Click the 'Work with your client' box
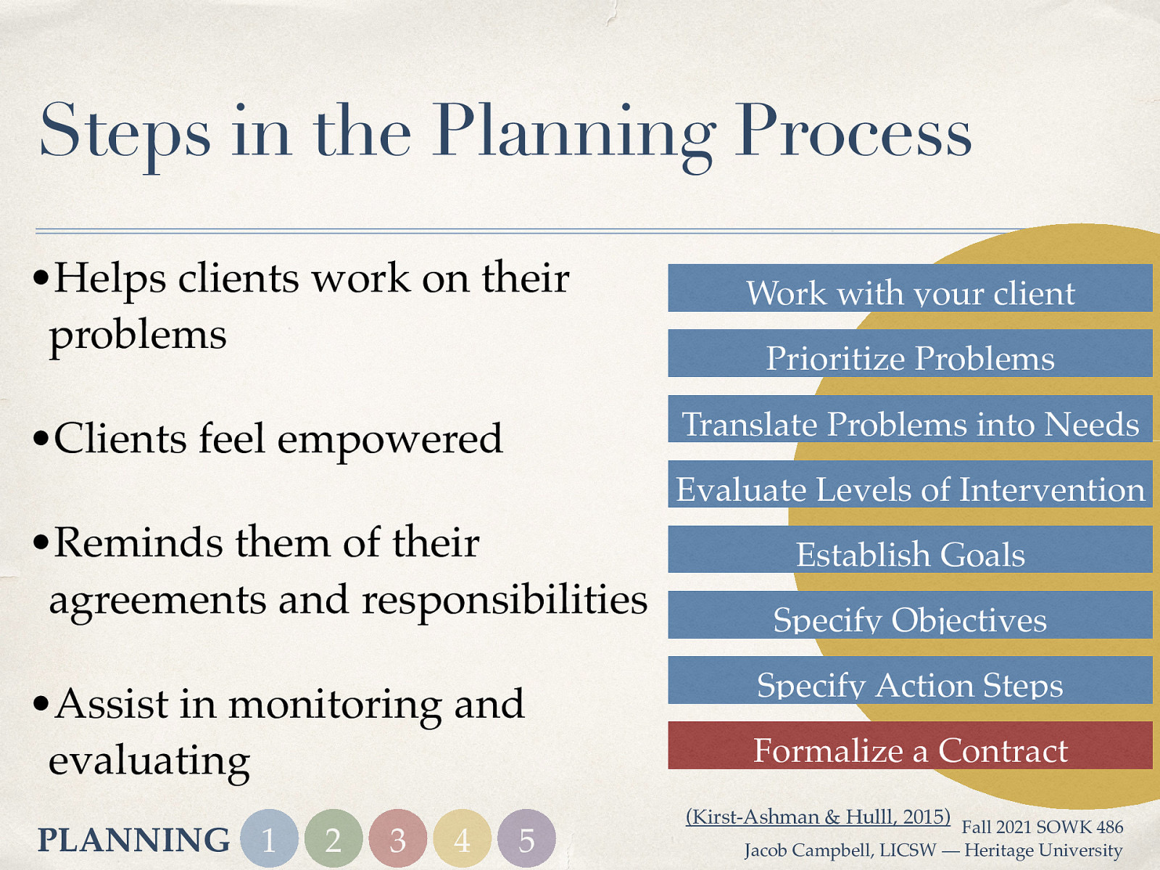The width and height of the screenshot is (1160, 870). (910, 289)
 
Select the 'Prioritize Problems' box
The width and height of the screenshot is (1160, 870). (910, 354)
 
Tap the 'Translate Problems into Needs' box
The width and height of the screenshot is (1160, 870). (910, 419)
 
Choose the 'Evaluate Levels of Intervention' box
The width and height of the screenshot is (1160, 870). (910, 484)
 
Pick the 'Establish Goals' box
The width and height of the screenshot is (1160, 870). (910, 550)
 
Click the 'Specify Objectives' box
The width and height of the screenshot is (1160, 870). (910, 615)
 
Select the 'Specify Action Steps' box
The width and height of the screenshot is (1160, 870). (910, 680)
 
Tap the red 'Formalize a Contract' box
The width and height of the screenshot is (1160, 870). (910, 745)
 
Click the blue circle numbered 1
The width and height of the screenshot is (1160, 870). (269, 839)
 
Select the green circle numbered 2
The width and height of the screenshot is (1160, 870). (333, 839)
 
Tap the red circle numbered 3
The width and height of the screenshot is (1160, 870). (397, 839)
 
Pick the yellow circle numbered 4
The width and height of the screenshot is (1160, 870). (462, 839)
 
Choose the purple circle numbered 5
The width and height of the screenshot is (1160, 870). (526, 839)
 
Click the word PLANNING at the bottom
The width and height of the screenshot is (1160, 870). (133, 840)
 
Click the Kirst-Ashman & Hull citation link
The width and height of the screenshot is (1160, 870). (818, 816)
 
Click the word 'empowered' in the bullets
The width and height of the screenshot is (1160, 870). (389, 439)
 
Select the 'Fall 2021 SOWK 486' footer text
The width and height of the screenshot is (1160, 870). (1042, 827)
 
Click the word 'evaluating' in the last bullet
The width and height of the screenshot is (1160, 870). (149, 761)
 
